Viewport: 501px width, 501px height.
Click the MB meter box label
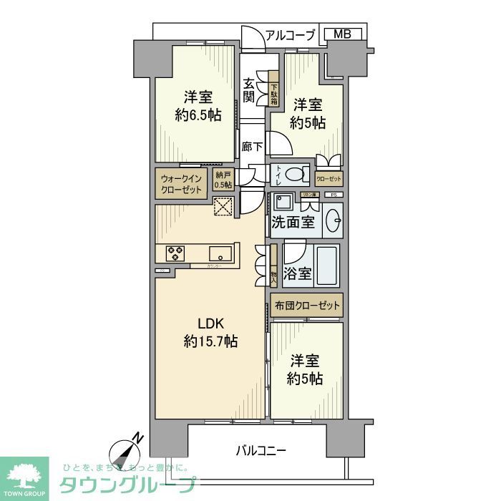(341, 34)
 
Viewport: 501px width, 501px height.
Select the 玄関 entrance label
(248, 89)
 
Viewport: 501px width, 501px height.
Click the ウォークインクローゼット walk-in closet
(182, 183)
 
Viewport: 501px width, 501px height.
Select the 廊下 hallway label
(250, 147)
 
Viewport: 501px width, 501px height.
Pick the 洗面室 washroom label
(292, 223)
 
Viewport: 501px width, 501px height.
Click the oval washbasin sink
(332, 222)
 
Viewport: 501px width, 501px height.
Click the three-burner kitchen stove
(175, 253)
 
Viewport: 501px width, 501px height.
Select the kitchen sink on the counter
(220, 253)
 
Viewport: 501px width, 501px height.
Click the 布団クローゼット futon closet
(307, 306)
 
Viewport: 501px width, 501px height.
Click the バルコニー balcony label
(261, 451)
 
